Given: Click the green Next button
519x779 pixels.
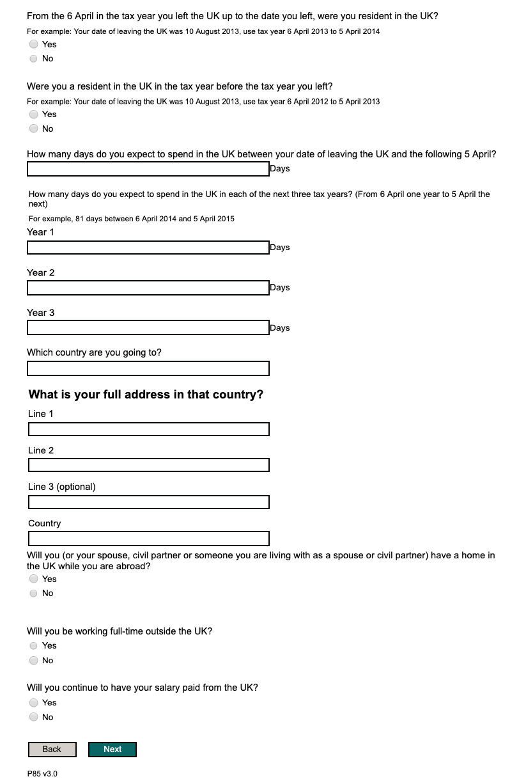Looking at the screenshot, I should click(112, 750).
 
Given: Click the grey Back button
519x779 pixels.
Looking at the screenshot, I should click(52, 750).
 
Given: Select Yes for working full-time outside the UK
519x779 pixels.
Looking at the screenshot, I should click(34, 646).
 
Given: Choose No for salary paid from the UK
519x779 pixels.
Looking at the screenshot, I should click(34, 718).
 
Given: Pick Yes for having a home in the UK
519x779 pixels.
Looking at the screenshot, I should click(34, 579).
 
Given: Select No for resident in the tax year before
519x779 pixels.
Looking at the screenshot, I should click(34, 129).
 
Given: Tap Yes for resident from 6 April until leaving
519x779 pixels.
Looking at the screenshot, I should click(34, 44).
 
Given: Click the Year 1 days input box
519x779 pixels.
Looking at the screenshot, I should click(148, 248).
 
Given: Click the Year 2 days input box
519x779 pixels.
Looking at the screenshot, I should click(148, 288).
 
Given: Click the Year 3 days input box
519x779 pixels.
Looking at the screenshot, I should click(148, 328).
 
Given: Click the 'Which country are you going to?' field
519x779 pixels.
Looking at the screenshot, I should click(148, 368).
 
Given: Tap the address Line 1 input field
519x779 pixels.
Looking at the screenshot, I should click(148, 429).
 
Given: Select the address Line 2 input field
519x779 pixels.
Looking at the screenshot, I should click(148, 465).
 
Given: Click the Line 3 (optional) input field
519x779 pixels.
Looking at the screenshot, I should click(148, 501).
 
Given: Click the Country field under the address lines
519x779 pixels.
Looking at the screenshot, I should click(148, 539).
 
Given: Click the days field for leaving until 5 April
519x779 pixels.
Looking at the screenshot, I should click(148, 169).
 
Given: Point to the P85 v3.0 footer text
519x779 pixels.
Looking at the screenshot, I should click(42, 774).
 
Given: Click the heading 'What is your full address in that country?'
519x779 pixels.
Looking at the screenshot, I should click(146, 395).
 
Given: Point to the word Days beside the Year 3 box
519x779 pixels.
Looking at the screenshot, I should click(280, 328).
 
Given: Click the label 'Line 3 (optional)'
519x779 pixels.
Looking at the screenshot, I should click(62, 487).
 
